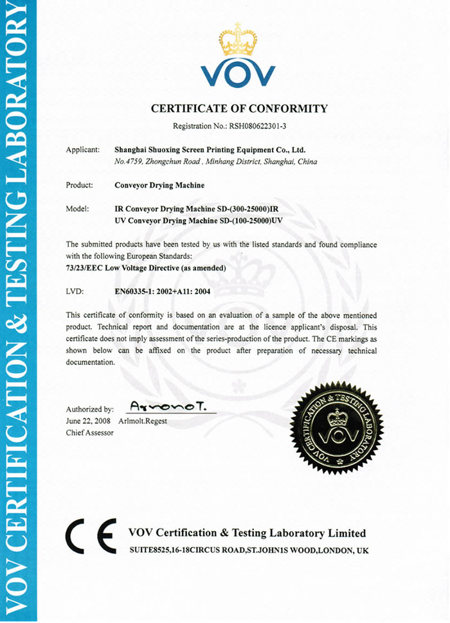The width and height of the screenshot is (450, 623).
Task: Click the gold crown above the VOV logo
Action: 238,39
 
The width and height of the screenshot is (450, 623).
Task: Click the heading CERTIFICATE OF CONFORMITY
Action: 239,109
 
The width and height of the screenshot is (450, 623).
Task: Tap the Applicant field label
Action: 82,150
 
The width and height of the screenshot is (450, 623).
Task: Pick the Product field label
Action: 80,186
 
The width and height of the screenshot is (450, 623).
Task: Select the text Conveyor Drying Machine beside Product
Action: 159,186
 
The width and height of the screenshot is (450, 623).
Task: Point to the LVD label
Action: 75,290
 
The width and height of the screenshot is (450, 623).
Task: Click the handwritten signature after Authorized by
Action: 171,406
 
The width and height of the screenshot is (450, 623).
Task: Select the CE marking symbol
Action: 92,537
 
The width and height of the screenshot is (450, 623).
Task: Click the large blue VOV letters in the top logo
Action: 238,75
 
